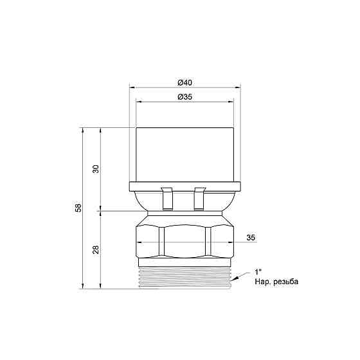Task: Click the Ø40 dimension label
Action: (185, 83)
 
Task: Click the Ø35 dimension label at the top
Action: (185, 97)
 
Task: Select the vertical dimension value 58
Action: (78, 208)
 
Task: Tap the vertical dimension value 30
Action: (96, 169)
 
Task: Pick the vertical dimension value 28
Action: (96, 249)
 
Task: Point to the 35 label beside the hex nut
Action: (251, 238)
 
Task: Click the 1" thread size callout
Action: (258, 273)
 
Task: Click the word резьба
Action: (286, 282)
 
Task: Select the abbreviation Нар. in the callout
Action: (263, 282)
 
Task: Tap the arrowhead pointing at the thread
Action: (235, 279)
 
